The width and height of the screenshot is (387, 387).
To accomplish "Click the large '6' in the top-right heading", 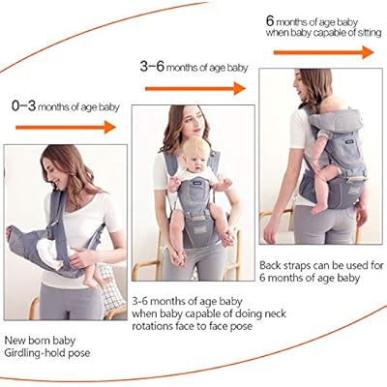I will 271,19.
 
